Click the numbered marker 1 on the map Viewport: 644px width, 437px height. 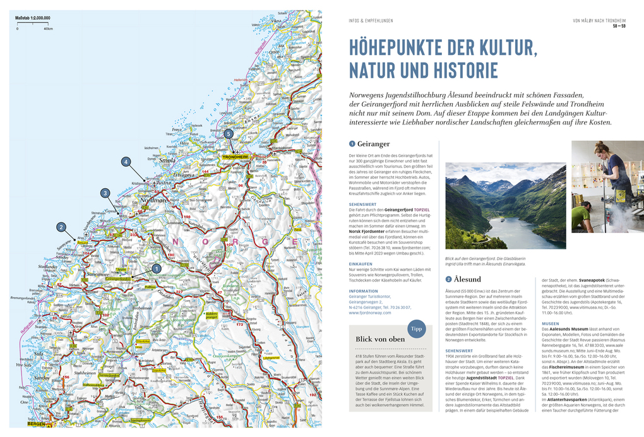click(x=157, y=268)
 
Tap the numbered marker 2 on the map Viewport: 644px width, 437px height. click(x=61, y=227)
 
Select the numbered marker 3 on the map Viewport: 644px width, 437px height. click(x=105, y=193)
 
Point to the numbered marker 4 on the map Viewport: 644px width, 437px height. click(x=126, y=162)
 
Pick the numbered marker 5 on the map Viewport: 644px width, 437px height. click(x=229, y=134)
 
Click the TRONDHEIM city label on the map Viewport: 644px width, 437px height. click(x=235, y=157)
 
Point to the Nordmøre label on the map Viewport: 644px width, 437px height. click(x=154, y=200)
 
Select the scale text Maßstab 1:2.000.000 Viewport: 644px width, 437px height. click(x=33, y=18)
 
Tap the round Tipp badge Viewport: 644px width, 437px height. click(x=416, y=329)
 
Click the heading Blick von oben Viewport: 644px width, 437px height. click(x=380, y=339)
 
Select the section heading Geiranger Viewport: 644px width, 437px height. click(x=374, y=144)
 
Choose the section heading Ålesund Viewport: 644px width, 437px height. click(x=467, y=279)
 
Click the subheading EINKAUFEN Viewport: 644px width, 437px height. click(x=361, y=264)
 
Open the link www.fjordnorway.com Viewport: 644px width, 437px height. click(x=371, y=313)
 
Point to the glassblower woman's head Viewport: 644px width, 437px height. click(x=600, y=150)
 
